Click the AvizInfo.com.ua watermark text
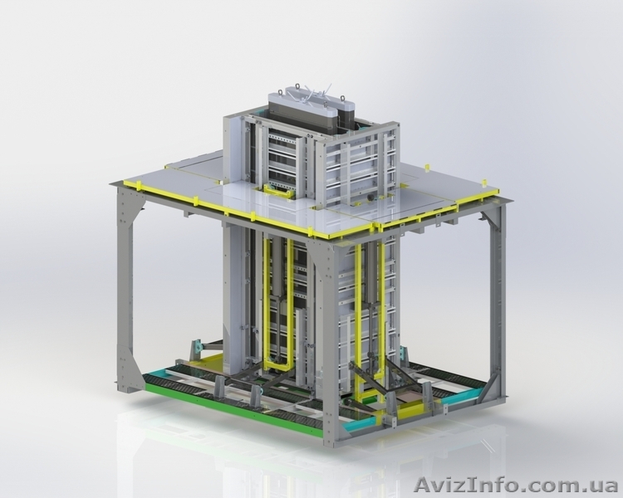coord(515,485)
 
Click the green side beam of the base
coord(234,404)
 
